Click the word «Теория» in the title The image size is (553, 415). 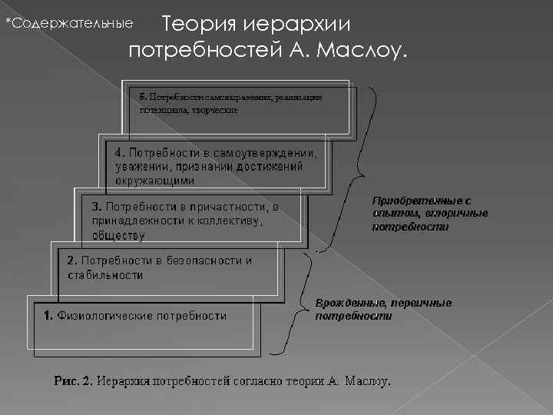[x=200, y=24]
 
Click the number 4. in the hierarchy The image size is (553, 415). [x=120, y=151]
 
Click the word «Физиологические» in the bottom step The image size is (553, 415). [x=104, y=315]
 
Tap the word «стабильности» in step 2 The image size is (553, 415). [x=105, y=274]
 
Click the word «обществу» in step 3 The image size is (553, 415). [x=118, y=235]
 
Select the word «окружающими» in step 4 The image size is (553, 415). [x=155, y=181]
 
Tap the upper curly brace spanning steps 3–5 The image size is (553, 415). [x=349, y=169]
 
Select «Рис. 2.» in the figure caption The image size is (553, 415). [x=73, y=380]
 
